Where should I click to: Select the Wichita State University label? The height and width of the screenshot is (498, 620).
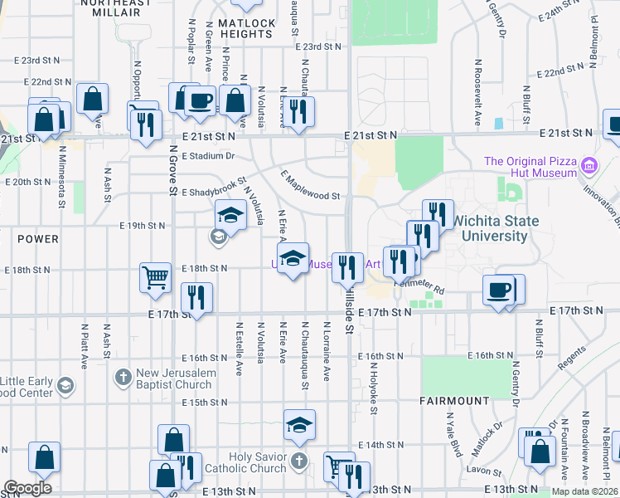[x=495, y=228]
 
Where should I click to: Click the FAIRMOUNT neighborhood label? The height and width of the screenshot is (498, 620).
[x=453, y=401]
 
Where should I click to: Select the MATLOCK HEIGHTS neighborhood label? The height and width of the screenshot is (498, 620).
[x=245, y=28]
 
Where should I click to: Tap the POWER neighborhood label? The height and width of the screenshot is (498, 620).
[x=38, y=239]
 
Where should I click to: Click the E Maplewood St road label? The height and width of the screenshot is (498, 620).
[x=311, y=186]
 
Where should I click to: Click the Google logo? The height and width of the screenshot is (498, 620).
[x=27, y=488]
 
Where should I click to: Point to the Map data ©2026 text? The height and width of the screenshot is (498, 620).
[x=586, y=491]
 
